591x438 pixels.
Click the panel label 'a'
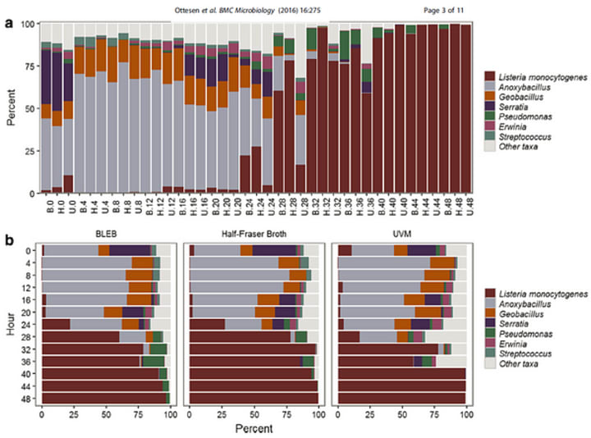tap(9, 23)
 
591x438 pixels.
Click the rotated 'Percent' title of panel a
tap(10, 107)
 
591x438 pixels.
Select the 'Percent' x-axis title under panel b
tap(253, 429)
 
